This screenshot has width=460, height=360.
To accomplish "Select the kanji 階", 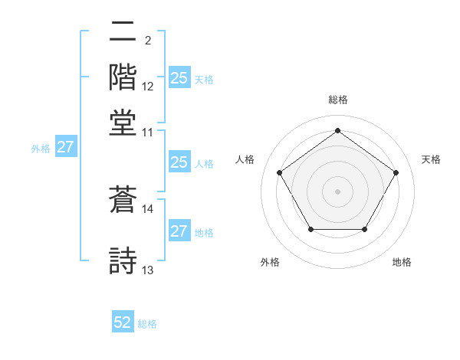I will click(x=123, y=77).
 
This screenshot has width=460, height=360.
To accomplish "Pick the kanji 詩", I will click(x=123, y=259).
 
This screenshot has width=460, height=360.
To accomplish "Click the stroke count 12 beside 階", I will click(x=148, y=87).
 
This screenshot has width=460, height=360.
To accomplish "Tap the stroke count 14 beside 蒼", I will click(x=148, y=208).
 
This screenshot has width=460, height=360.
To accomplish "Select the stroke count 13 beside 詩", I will click(x=148, y=270).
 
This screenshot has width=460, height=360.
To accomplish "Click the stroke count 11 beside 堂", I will click(x=148, y=132).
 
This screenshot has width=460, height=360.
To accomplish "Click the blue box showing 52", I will click(x=123, y=322).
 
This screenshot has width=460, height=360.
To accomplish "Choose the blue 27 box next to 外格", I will click(x=65, y=147).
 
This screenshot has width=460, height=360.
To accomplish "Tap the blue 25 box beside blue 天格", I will click(x=179, y=77).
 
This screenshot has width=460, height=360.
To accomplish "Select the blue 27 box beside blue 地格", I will click(x=179, y=231).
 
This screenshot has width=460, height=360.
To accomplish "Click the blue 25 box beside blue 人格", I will click(x=179, y=162).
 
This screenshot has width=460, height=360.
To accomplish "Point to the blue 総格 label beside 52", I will click(x=147, y=324).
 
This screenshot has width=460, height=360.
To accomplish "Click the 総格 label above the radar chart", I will click(x=337, y=100).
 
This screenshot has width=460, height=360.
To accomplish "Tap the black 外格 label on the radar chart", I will click(x=270, y=262).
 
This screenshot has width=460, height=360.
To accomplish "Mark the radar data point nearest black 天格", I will click(x=396, y=172).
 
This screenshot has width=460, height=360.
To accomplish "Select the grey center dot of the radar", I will click(x=337, y=191).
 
